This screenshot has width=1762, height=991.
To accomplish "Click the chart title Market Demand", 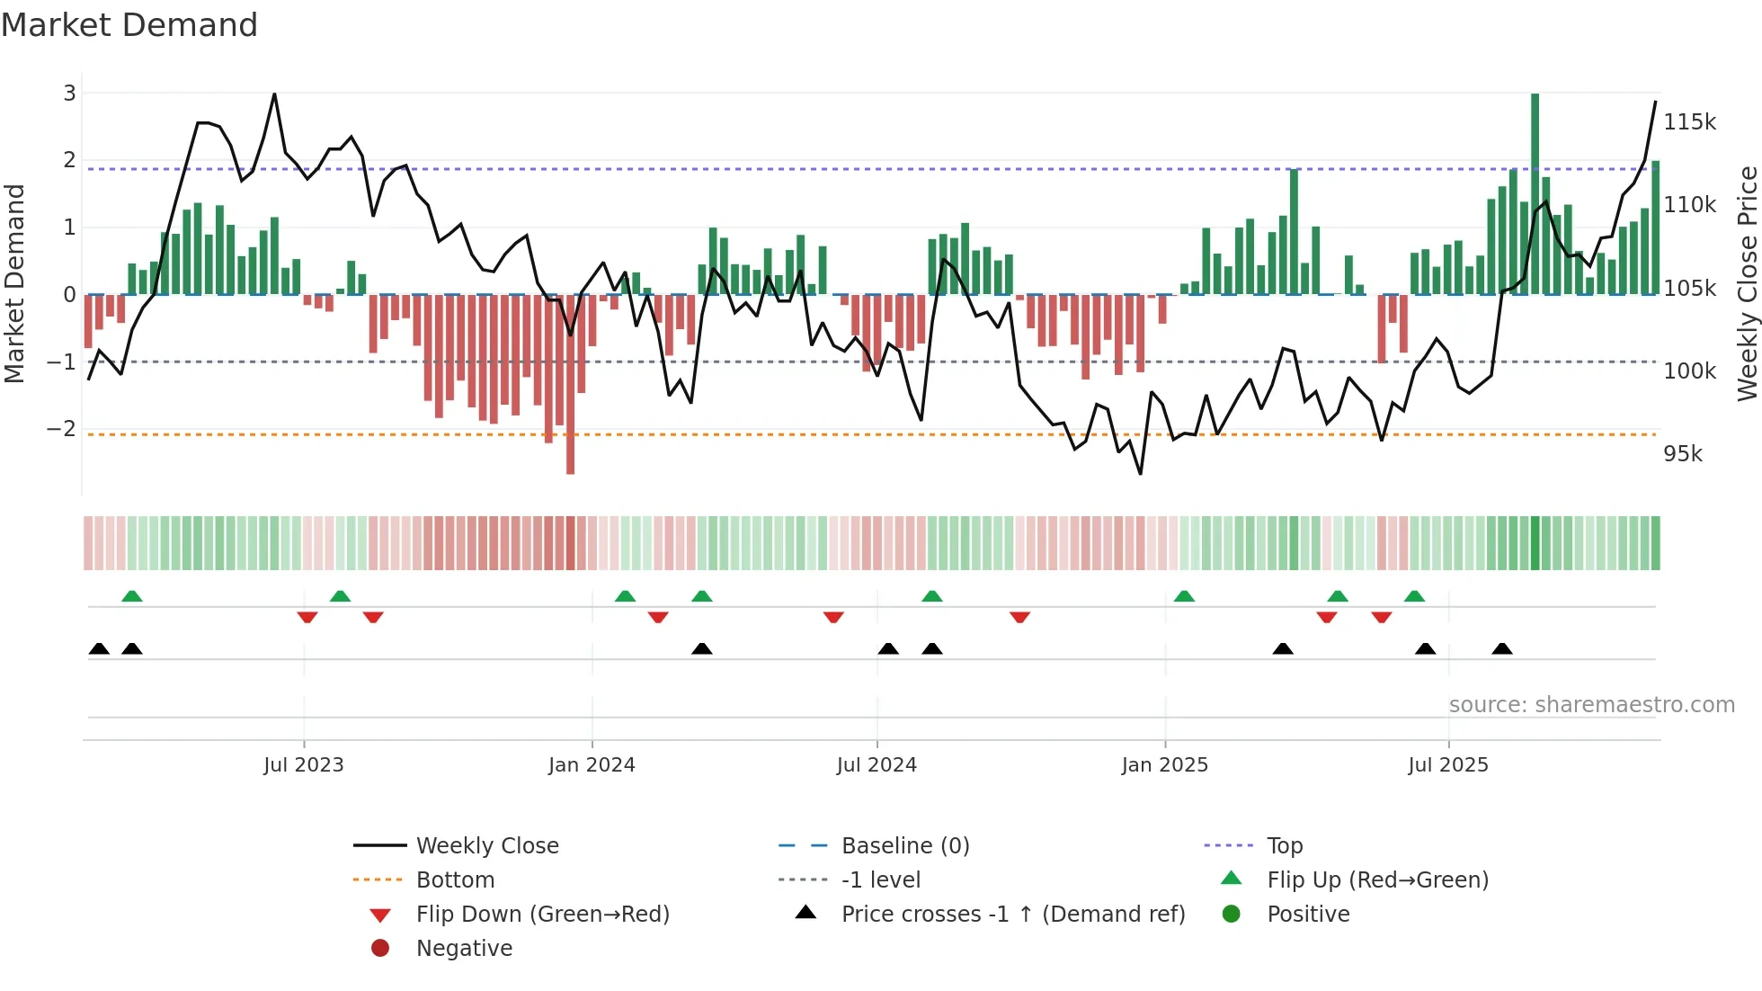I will [129, 25].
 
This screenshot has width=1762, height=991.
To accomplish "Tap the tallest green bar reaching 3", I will [1535, 193].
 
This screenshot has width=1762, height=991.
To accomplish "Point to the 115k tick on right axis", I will [1689, 122].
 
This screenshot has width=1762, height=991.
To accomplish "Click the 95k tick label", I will [1682, 454].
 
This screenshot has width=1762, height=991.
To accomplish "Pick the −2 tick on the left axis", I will [61, 429].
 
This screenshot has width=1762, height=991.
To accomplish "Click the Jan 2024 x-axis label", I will [592, 765].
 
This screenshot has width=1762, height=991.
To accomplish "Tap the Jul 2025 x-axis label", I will [1447, 765].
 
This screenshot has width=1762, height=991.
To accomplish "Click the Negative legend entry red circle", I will [380, 949].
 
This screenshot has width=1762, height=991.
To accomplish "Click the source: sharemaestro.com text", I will [1591, 705].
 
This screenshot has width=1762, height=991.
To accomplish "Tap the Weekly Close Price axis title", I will [1747, 283].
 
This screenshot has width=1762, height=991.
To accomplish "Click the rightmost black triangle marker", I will [1501, 649].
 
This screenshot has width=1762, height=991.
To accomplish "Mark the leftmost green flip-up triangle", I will [132, 596].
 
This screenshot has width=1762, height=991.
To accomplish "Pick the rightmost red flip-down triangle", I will [1382, 617].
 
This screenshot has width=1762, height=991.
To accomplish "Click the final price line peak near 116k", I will [1655, 103].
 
